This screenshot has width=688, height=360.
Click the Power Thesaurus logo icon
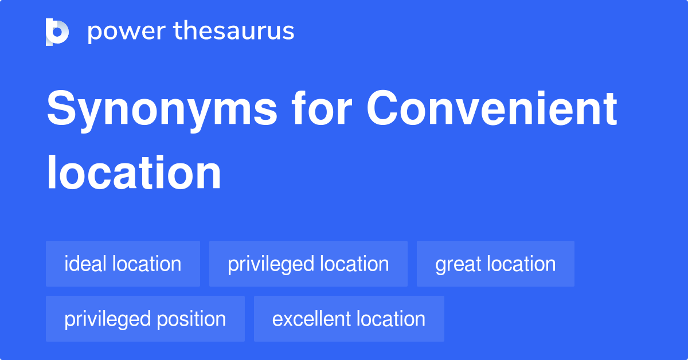coord(57,32)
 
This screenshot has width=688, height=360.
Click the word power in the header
coord(127,32)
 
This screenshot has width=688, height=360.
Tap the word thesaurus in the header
coord(234,30)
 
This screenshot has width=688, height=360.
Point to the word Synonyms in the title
coord(162,110)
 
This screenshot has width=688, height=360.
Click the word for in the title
coord(322,108)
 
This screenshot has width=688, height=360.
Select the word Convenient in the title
coord(491,108)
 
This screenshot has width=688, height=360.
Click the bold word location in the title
coord(134,172)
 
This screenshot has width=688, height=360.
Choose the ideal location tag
coord(123,264)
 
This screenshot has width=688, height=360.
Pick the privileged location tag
coord(308,264)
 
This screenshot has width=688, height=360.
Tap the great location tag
coord(495,264)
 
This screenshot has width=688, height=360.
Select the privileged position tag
coord(145,319)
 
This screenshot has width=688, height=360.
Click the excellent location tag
coord(349,319)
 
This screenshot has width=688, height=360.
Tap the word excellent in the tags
coord(310,319)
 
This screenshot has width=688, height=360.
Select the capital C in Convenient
coord(381,108)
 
